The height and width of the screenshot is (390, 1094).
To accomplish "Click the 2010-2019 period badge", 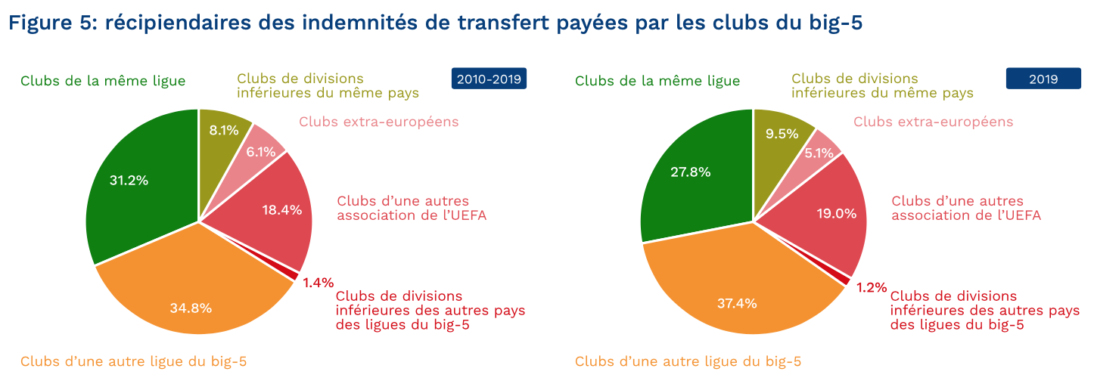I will coord(489,79).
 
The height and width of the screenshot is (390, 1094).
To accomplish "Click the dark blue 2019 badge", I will coord(1043,79).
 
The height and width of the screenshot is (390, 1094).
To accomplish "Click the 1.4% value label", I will coord(318,283).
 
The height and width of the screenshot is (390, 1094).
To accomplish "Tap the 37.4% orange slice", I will coord(738,299).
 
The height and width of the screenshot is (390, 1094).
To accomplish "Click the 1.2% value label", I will coord(872,287).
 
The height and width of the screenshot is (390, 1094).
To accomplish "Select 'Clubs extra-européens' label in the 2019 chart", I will coord(933,122).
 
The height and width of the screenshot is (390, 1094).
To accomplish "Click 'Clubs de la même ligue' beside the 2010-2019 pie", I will coord(103,81).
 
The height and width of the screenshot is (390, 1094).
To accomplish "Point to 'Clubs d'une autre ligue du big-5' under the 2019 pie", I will coord(688,361).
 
